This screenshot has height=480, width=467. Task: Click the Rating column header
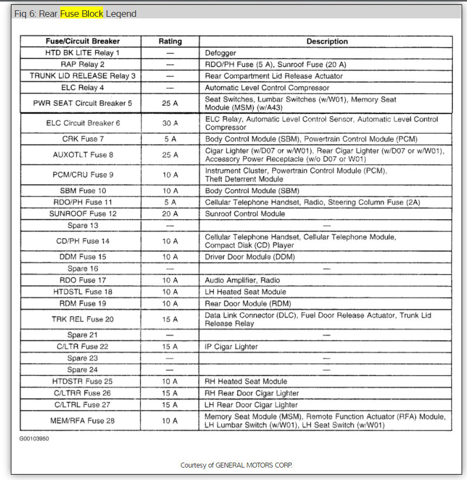(x=170, y=41)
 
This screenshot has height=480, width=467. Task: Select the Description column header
(x=327, y=41)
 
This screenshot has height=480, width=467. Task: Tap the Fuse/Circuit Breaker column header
(x=82, y=41)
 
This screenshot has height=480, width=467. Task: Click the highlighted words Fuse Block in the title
(x=81, y=14)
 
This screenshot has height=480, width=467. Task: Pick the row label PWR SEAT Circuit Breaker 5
(x=82, y=103)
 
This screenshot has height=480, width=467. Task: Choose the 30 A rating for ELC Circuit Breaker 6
(x=170, y=123)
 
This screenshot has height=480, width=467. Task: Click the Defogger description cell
(x=220, y=53)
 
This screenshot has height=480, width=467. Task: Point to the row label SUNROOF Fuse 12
(x=82, y=214)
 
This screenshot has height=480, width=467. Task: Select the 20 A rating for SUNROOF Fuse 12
(x=170, y=214)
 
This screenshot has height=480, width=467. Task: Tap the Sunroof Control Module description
(x=245, y=214)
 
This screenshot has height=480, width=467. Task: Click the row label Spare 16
(x=82, y=268)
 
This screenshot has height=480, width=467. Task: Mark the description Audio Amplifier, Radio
(x=242, y=280)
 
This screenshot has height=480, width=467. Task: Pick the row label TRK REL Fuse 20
(x=82, y=319)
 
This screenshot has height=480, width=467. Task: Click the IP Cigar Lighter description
(x=231, y=347)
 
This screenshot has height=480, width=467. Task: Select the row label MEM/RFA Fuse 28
(x=82, y=420)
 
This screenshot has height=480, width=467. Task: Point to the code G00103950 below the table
(x=34, y=438)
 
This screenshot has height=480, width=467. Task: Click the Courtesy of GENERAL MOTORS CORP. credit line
(x=236, y=465)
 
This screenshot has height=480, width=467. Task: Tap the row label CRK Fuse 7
(x=82, y=139)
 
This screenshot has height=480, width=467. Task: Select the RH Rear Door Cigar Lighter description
(x=252, y=393)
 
